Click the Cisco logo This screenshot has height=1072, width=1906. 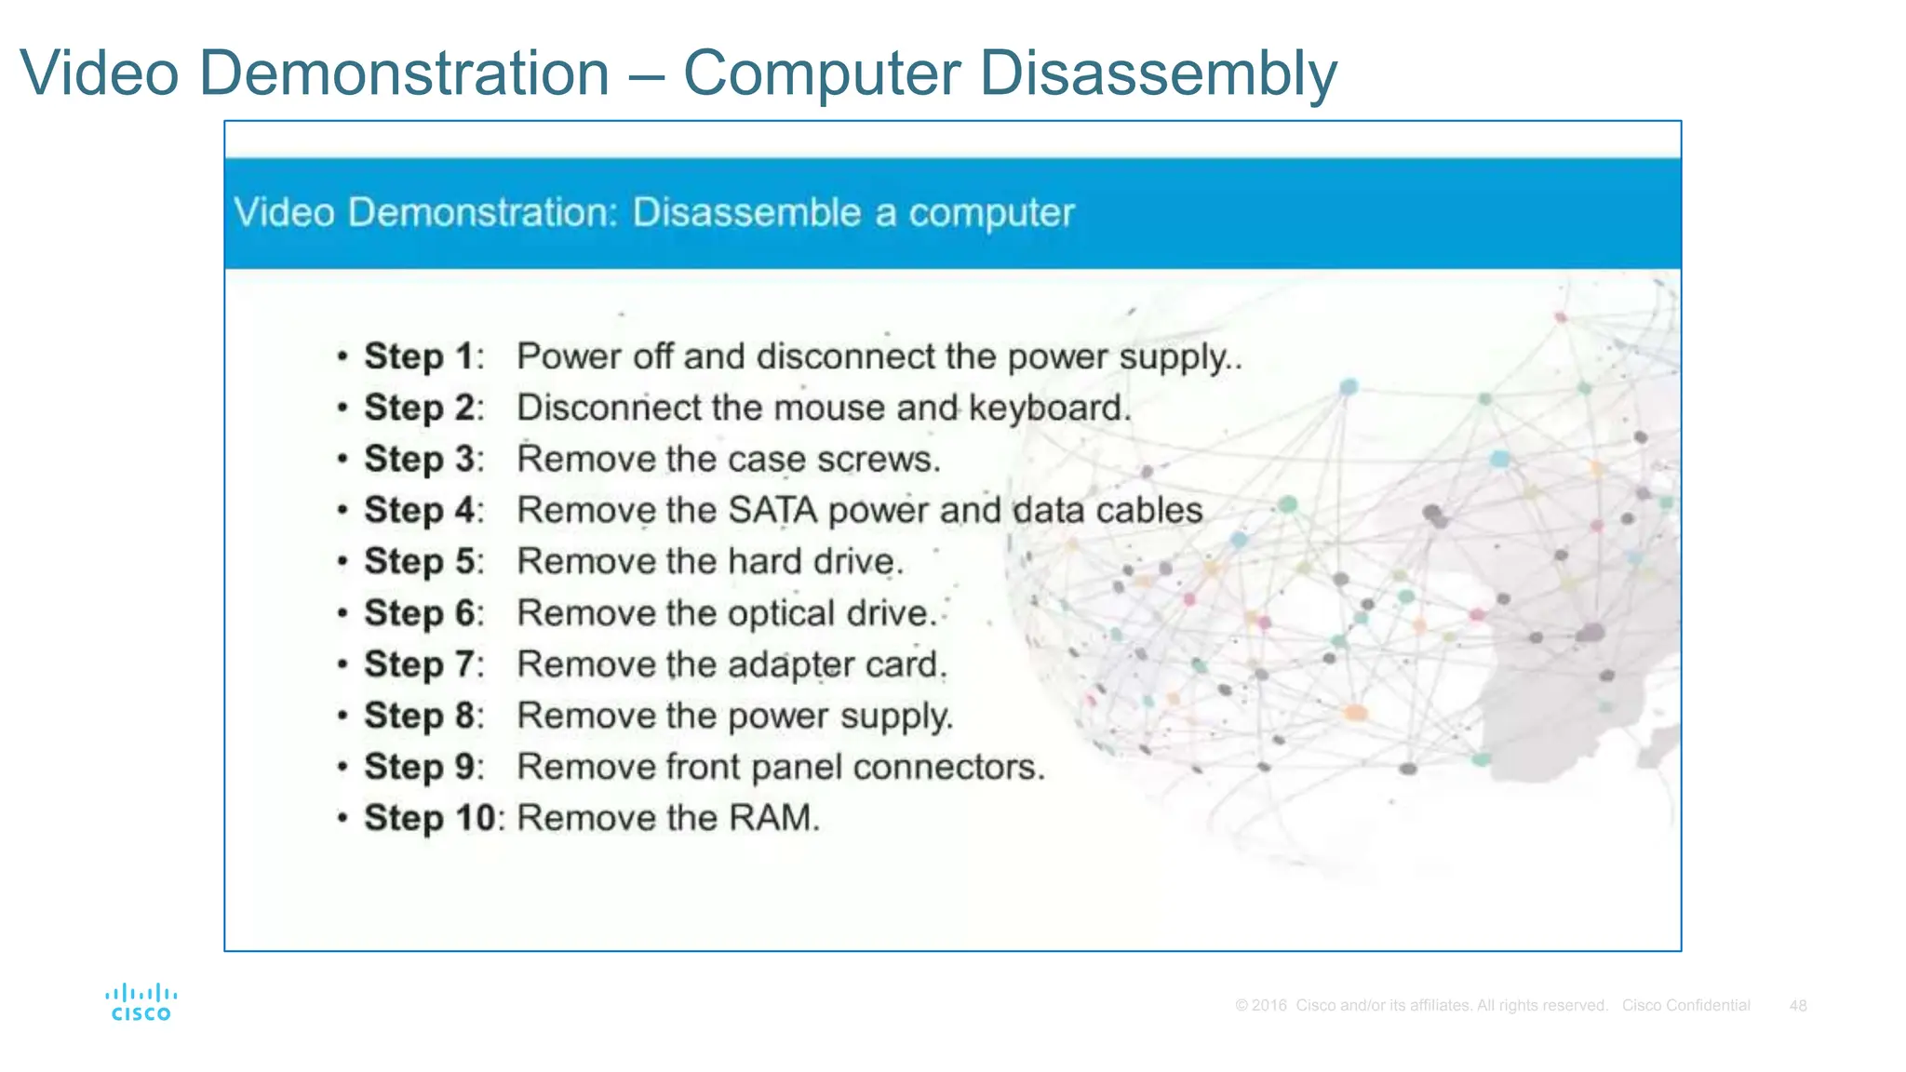(141, 1003)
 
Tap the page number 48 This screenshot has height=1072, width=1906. (1797, 1006)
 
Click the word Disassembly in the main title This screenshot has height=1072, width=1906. (1158, 74)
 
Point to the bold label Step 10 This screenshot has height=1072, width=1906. (429, 818)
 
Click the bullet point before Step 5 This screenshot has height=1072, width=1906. (343, 562)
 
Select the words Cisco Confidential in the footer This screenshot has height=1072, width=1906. (1685, 1006)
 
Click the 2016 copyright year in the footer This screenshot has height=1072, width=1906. (1268, 1006)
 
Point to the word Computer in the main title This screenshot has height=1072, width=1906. (822, 74)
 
